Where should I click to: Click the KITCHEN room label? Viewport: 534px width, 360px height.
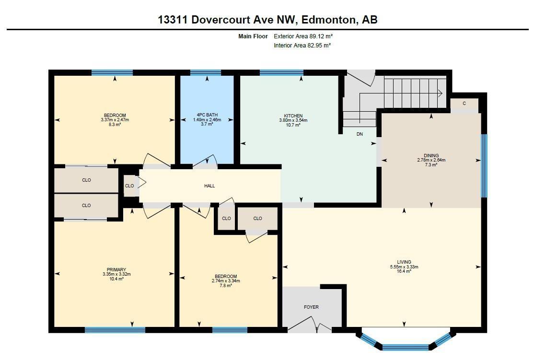click(293, 116)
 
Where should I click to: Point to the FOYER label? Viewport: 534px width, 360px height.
click(311, 307)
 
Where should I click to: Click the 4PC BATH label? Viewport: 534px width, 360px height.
click(207, 115)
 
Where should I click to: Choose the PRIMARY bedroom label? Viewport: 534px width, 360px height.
click(116, 270)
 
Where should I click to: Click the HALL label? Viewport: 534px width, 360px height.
click(209, 186)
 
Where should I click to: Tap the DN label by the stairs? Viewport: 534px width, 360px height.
click(360, 134)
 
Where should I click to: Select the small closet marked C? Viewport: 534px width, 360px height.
click(464, 104)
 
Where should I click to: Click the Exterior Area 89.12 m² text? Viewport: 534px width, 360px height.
click(302, 36)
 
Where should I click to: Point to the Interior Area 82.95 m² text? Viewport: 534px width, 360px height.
click(302, 46)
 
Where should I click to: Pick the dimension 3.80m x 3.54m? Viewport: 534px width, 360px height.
click(293, 120)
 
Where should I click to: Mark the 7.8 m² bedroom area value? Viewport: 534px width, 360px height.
click(226, 285)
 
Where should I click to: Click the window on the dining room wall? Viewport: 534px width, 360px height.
click(484, 166)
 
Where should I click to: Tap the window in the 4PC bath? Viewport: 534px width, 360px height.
click(206, 73)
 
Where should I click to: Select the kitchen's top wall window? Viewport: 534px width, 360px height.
click(281, 73)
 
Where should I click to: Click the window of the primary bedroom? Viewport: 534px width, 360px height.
click(115, 330)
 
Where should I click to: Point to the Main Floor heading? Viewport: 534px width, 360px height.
click(253, 36)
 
